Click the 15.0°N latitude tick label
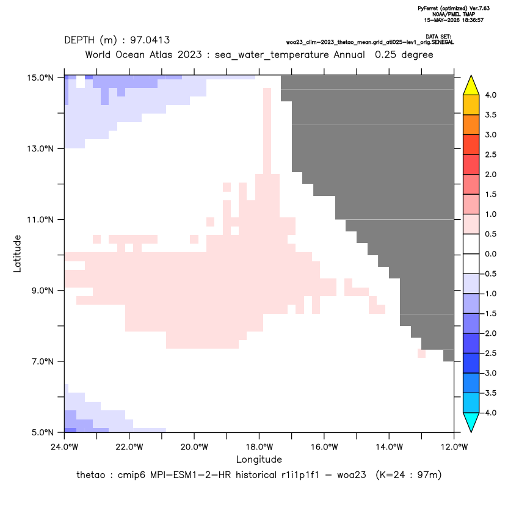click(40, 78)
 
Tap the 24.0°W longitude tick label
click(65, 447)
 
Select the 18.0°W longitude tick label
click(259, 447)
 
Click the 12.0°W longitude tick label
click(454, 447)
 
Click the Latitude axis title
click(17, 253)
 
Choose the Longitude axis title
click(259, 459)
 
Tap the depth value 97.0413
click(150, 40)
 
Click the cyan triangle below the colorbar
click(471, 421)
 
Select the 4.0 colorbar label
click(490, 95)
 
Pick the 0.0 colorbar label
click(490, 254)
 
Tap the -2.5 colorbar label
click(490, 353)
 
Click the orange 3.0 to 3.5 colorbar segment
click(471, 125)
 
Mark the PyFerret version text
click(454, 9)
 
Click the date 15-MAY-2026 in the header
click(441, 20)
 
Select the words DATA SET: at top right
click(438, 37)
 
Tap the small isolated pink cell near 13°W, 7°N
click(421, 354)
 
